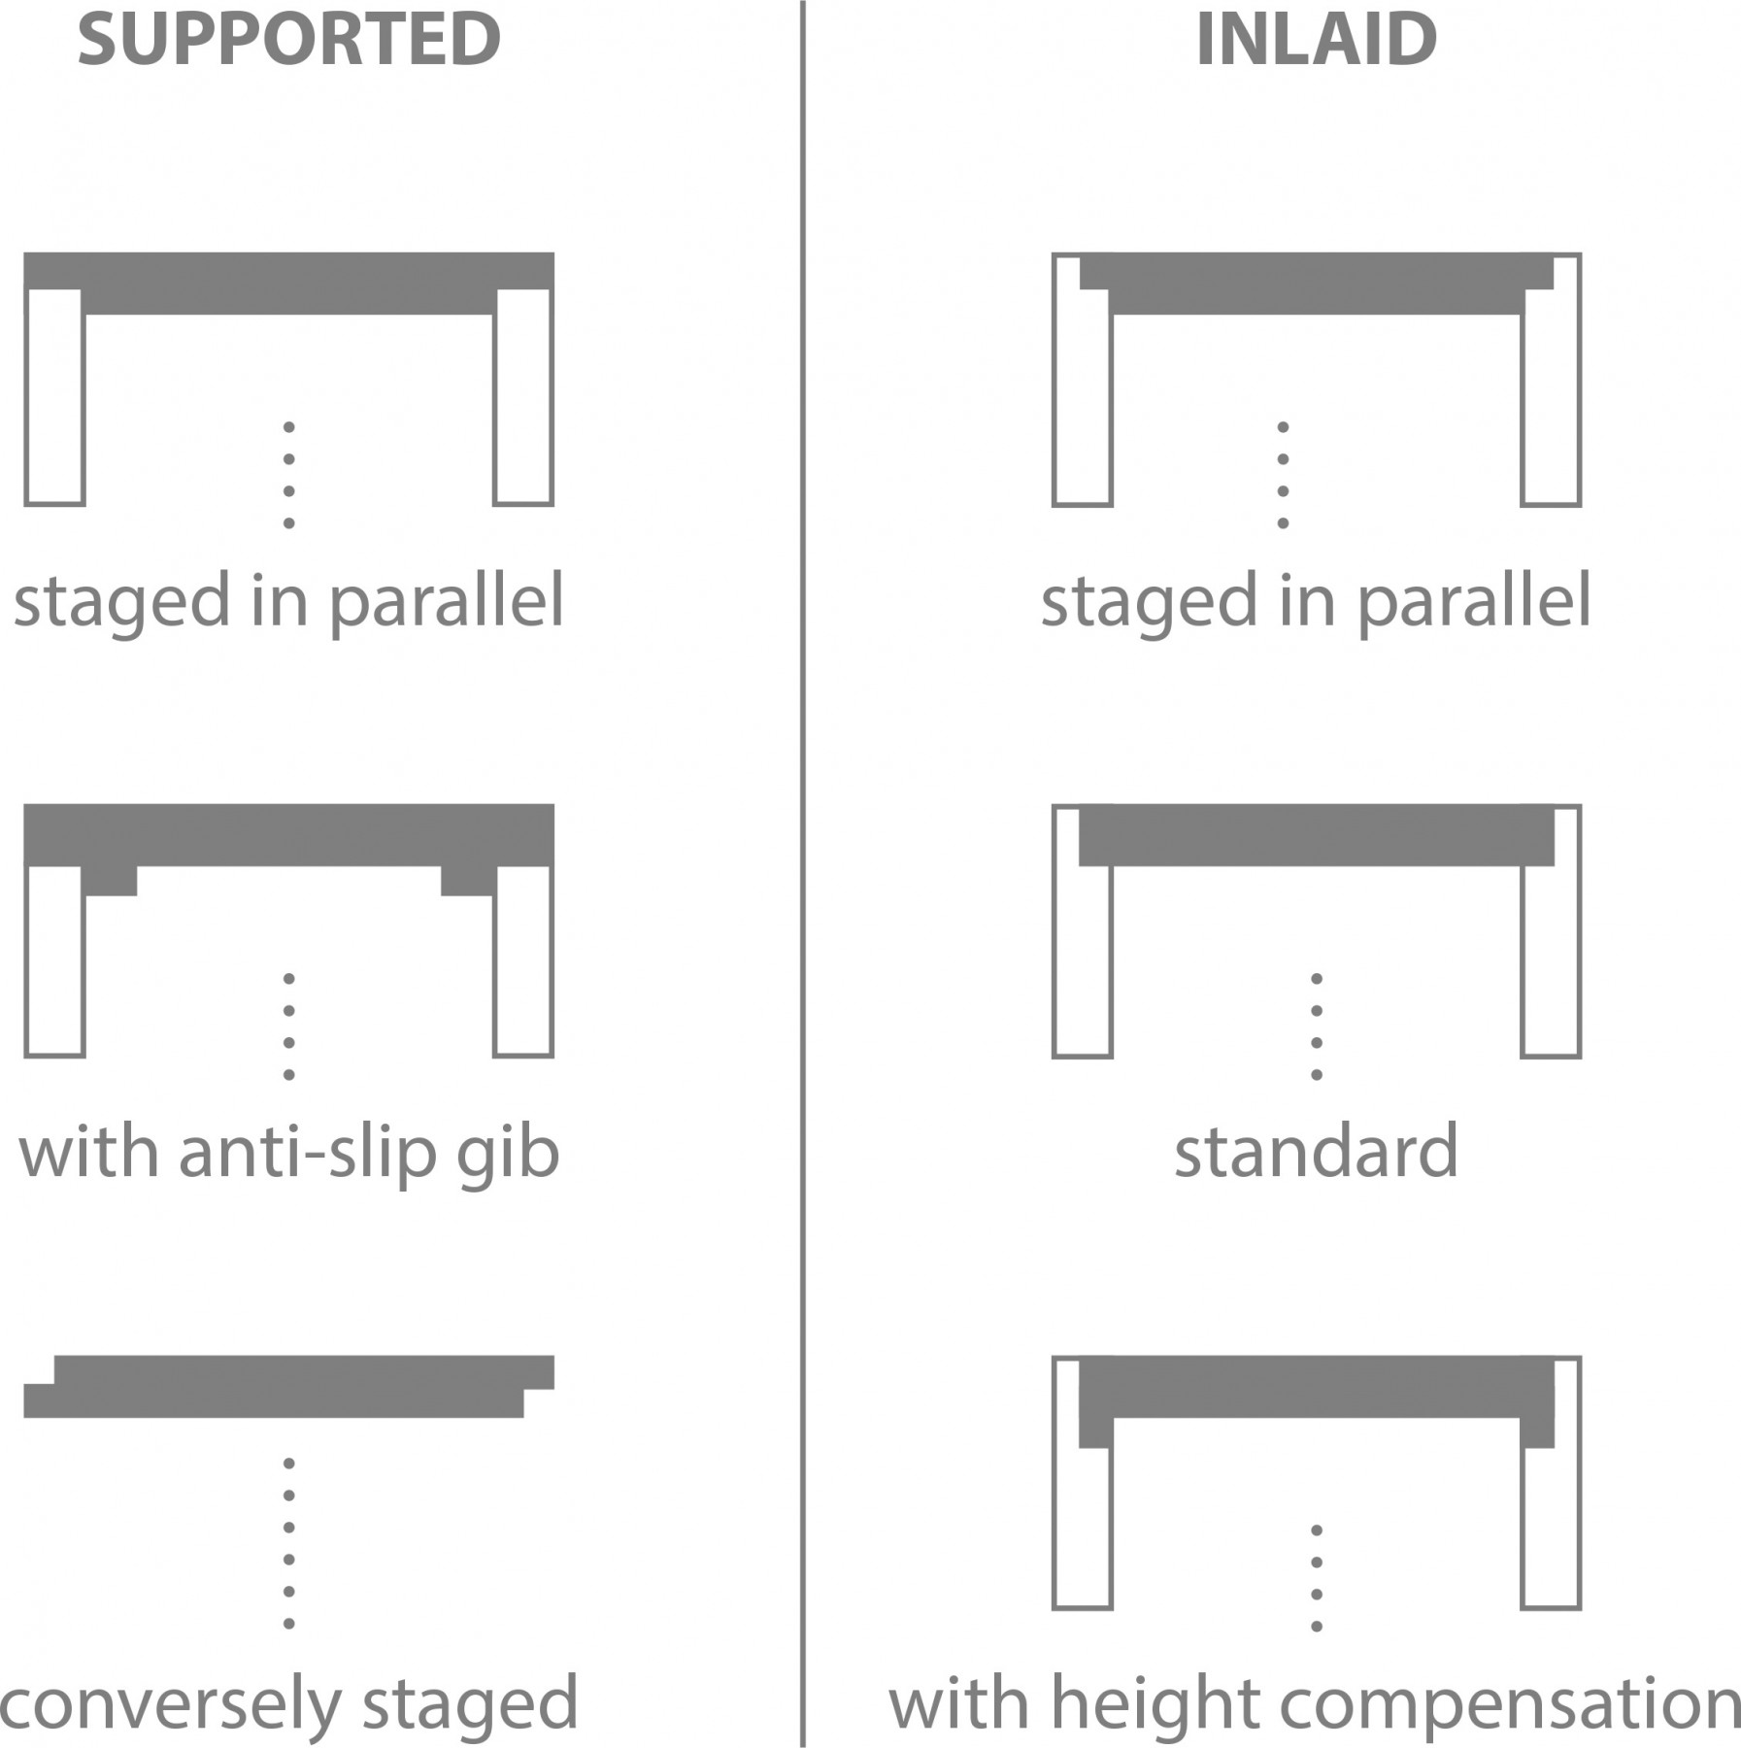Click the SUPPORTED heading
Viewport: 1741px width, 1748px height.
coord(288,40)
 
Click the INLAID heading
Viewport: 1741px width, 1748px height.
coord(1316,40)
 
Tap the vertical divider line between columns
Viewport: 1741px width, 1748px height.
coord(803,874)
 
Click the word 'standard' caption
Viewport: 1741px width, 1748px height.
coord(1316,1151)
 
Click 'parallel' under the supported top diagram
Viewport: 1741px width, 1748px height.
coord(447,602)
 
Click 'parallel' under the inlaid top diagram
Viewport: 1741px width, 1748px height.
coord(1473,602)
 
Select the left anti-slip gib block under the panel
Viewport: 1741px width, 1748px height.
coord(110,880)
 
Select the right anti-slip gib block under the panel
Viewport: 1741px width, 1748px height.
coord(468,880)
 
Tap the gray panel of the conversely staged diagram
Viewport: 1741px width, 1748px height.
coord(288,1387)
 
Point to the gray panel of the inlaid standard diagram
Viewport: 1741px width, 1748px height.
coord(1316,835)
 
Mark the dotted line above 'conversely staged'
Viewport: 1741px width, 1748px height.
coord(288,1542)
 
